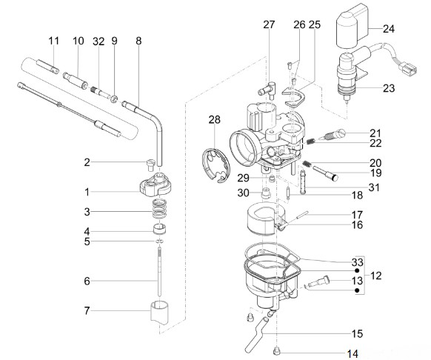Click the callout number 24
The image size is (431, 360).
[x=389, y=29]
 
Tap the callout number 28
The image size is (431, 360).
[x=215, y=120]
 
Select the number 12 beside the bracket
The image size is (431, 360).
[x=376, y=276]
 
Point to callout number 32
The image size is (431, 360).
[x=98, y=41]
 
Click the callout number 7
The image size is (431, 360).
[x=87, y=311]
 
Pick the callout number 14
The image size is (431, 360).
[x=352, y=353]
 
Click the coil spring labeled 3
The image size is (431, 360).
[x=159, y=209]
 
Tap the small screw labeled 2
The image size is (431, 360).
[x=150, y=164]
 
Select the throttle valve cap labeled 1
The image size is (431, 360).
[x=156, y=185]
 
